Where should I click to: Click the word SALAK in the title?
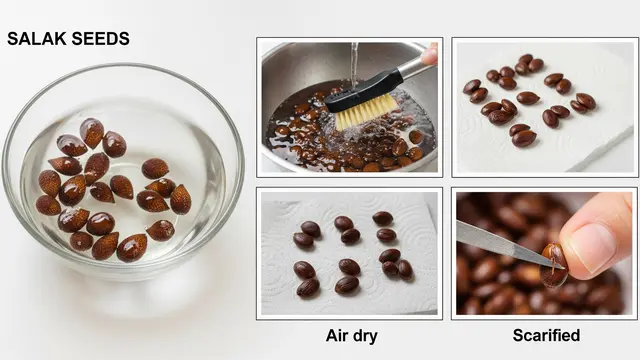(x=36, y=39)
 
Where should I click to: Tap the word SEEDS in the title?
(x=101, y=39)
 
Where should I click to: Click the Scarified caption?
(x=546, y=335)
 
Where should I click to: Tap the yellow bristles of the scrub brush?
(x=366, y=112)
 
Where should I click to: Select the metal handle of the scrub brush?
(x=413, y=67)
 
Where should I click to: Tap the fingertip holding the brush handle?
(x=430, y=54)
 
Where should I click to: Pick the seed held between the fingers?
(x=553, y=265)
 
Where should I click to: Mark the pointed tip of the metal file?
(x=564, y=268)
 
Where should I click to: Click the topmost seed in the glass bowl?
(x=92, y=133)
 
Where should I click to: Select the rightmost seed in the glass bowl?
(x=180, y=199)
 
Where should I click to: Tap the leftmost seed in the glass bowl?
(x=48, y=205)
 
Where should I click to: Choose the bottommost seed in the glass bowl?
(x=132, y=248)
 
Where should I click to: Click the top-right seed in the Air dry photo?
(x=382, y=218)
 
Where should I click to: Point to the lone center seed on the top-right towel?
(x=528, y=98)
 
